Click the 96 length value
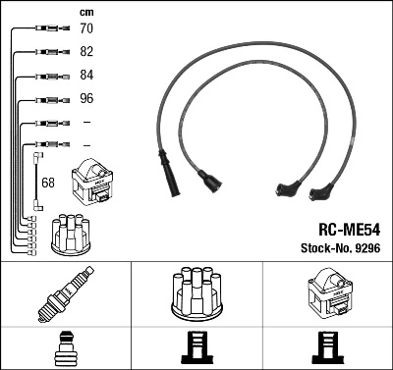(x=86, y=99)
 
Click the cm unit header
(x=86, y=11)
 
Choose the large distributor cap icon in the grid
(x=196, y=294)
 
